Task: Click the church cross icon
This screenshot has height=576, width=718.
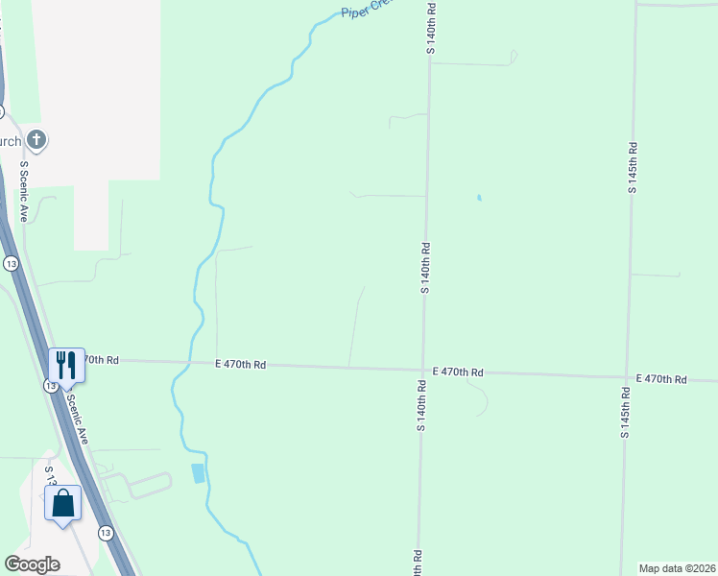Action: (x=36, y=141)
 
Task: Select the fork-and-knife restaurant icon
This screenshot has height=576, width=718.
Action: (x=66, y=365)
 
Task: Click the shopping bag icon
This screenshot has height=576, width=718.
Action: (x=62, y=502)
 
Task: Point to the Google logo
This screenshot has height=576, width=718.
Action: (x=33, y=564)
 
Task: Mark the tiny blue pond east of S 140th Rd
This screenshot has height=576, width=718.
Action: (x=478, y=199)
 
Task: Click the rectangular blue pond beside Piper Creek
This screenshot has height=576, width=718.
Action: (x=199, y=472)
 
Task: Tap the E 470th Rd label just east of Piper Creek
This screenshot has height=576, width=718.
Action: (x=240, y=365)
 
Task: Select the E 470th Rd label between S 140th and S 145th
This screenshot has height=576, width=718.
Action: (x=458, y=372)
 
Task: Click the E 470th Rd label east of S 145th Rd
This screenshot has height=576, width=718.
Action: (x=661, y=379)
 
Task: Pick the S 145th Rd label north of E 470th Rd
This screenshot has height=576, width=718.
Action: (x=633, y=168)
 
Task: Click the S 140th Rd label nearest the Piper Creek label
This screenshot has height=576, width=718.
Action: (x=433, y=27)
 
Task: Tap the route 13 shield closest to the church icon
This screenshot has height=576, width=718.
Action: (x=11, y=263)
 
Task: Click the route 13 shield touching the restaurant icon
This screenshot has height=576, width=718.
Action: (x=50, y=385)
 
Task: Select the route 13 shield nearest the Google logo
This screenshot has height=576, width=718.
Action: (x=103, y=531)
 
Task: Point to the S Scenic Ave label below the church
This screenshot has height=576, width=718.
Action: (x=25, y=190)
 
